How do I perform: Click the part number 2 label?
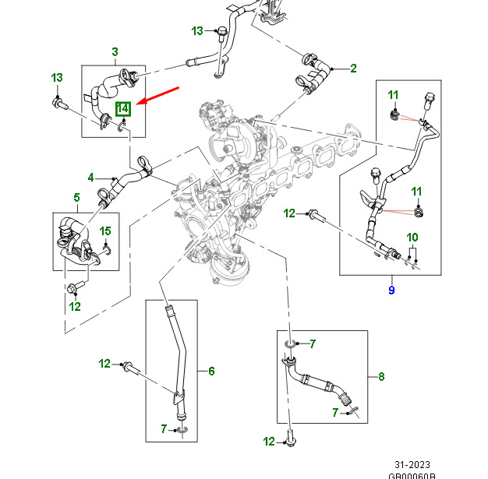tap(353, 69)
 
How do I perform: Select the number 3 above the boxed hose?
tap(115, 53)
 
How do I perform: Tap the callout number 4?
tap(90, 177)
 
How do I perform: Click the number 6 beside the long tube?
tap(210, 372)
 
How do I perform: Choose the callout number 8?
tap(381, 377)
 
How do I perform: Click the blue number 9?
tap(391, 291)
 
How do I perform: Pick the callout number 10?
tap(412, 237)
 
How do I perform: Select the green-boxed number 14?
tap(122, 109)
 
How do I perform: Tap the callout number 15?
tap(106, 231)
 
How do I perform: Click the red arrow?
tap(161, 96)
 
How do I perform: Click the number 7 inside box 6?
tap(163, 428)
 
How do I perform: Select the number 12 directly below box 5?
tap(75, 306)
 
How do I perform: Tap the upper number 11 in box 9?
tap(393, 95)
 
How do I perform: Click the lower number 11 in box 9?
tap(416, 192)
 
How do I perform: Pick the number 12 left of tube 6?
tap(105, 364)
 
